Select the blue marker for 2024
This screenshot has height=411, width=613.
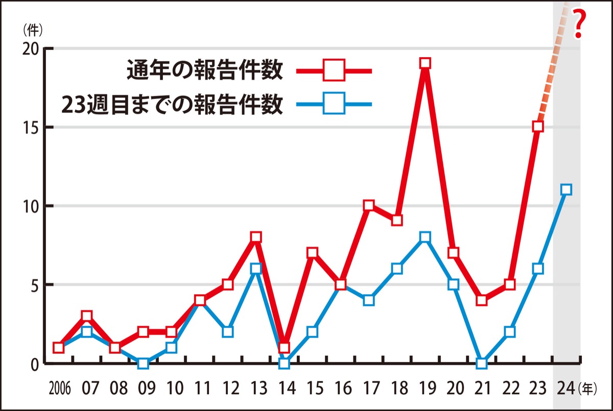click(x=566, y=190)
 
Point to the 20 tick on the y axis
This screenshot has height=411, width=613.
click(x=49, y=49)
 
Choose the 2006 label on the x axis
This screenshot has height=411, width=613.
click(x=59, y=390)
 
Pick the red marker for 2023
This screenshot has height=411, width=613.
click(x=537, y=127)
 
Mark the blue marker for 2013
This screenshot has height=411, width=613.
click(x=256, y=269)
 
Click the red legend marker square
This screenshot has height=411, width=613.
click(x=334, y=70)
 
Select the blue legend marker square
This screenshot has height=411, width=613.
click(x=334, y=104)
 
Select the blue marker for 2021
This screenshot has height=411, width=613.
click(x=481, y=364)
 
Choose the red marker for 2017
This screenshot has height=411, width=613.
click(x=369, y=206)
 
